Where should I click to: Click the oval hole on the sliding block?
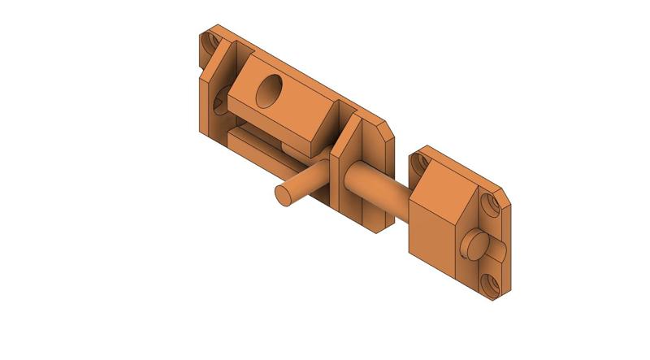[x=268, y=91]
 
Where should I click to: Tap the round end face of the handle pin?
[x=284, y=195]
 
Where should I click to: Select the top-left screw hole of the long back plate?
[x=213, y=41]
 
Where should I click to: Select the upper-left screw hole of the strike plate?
[x=419, y=163]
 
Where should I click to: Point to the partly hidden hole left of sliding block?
[x=219, y=103]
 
